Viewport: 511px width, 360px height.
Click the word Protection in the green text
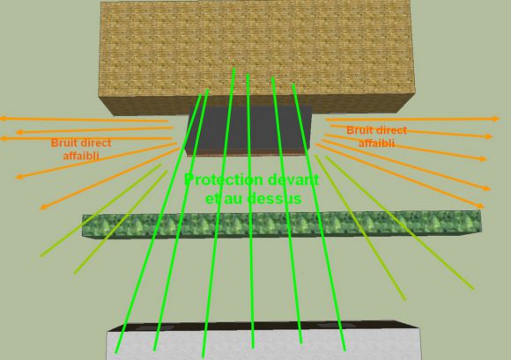pos(223,180)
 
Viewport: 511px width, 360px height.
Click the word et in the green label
pos(212,199)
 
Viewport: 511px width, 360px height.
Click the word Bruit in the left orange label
pos(63,143)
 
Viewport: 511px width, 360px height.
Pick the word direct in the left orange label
pos(95,143)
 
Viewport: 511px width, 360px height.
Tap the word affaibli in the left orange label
pos(81,156)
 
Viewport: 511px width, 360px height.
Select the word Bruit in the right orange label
pos(359,130)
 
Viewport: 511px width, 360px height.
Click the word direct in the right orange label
pos(391,130)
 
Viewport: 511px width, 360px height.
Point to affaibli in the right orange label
pos(376,143)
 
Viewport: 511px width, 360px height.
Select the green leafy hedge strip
pos(282,224)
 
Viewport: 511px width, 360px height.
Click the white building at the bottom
pos(264,344)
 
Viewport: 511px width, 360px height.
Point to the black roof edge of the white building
pos(263,326)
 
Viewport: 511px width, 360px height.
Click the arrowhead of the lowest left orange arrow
pos(42,208)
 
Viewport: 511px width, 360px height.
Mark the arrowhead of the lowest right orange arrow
pos(480,206)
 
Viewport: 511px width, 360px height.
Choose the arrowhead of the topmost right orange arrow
pos(496,119)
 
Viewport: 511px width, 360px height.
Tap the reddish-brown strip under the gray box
pos(248,152)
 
